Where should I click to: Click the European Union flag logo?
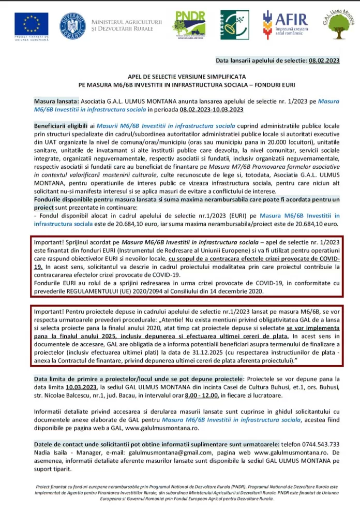tap(32, 24)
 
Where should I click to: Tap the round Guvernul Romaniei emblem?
tap(72, 26)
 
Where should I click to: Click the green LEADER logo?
tap(234, 24)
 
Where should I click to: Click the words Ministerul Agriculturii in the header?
tap(126, 22)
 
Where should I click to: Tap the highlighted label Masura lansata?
tap(57, 102)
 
